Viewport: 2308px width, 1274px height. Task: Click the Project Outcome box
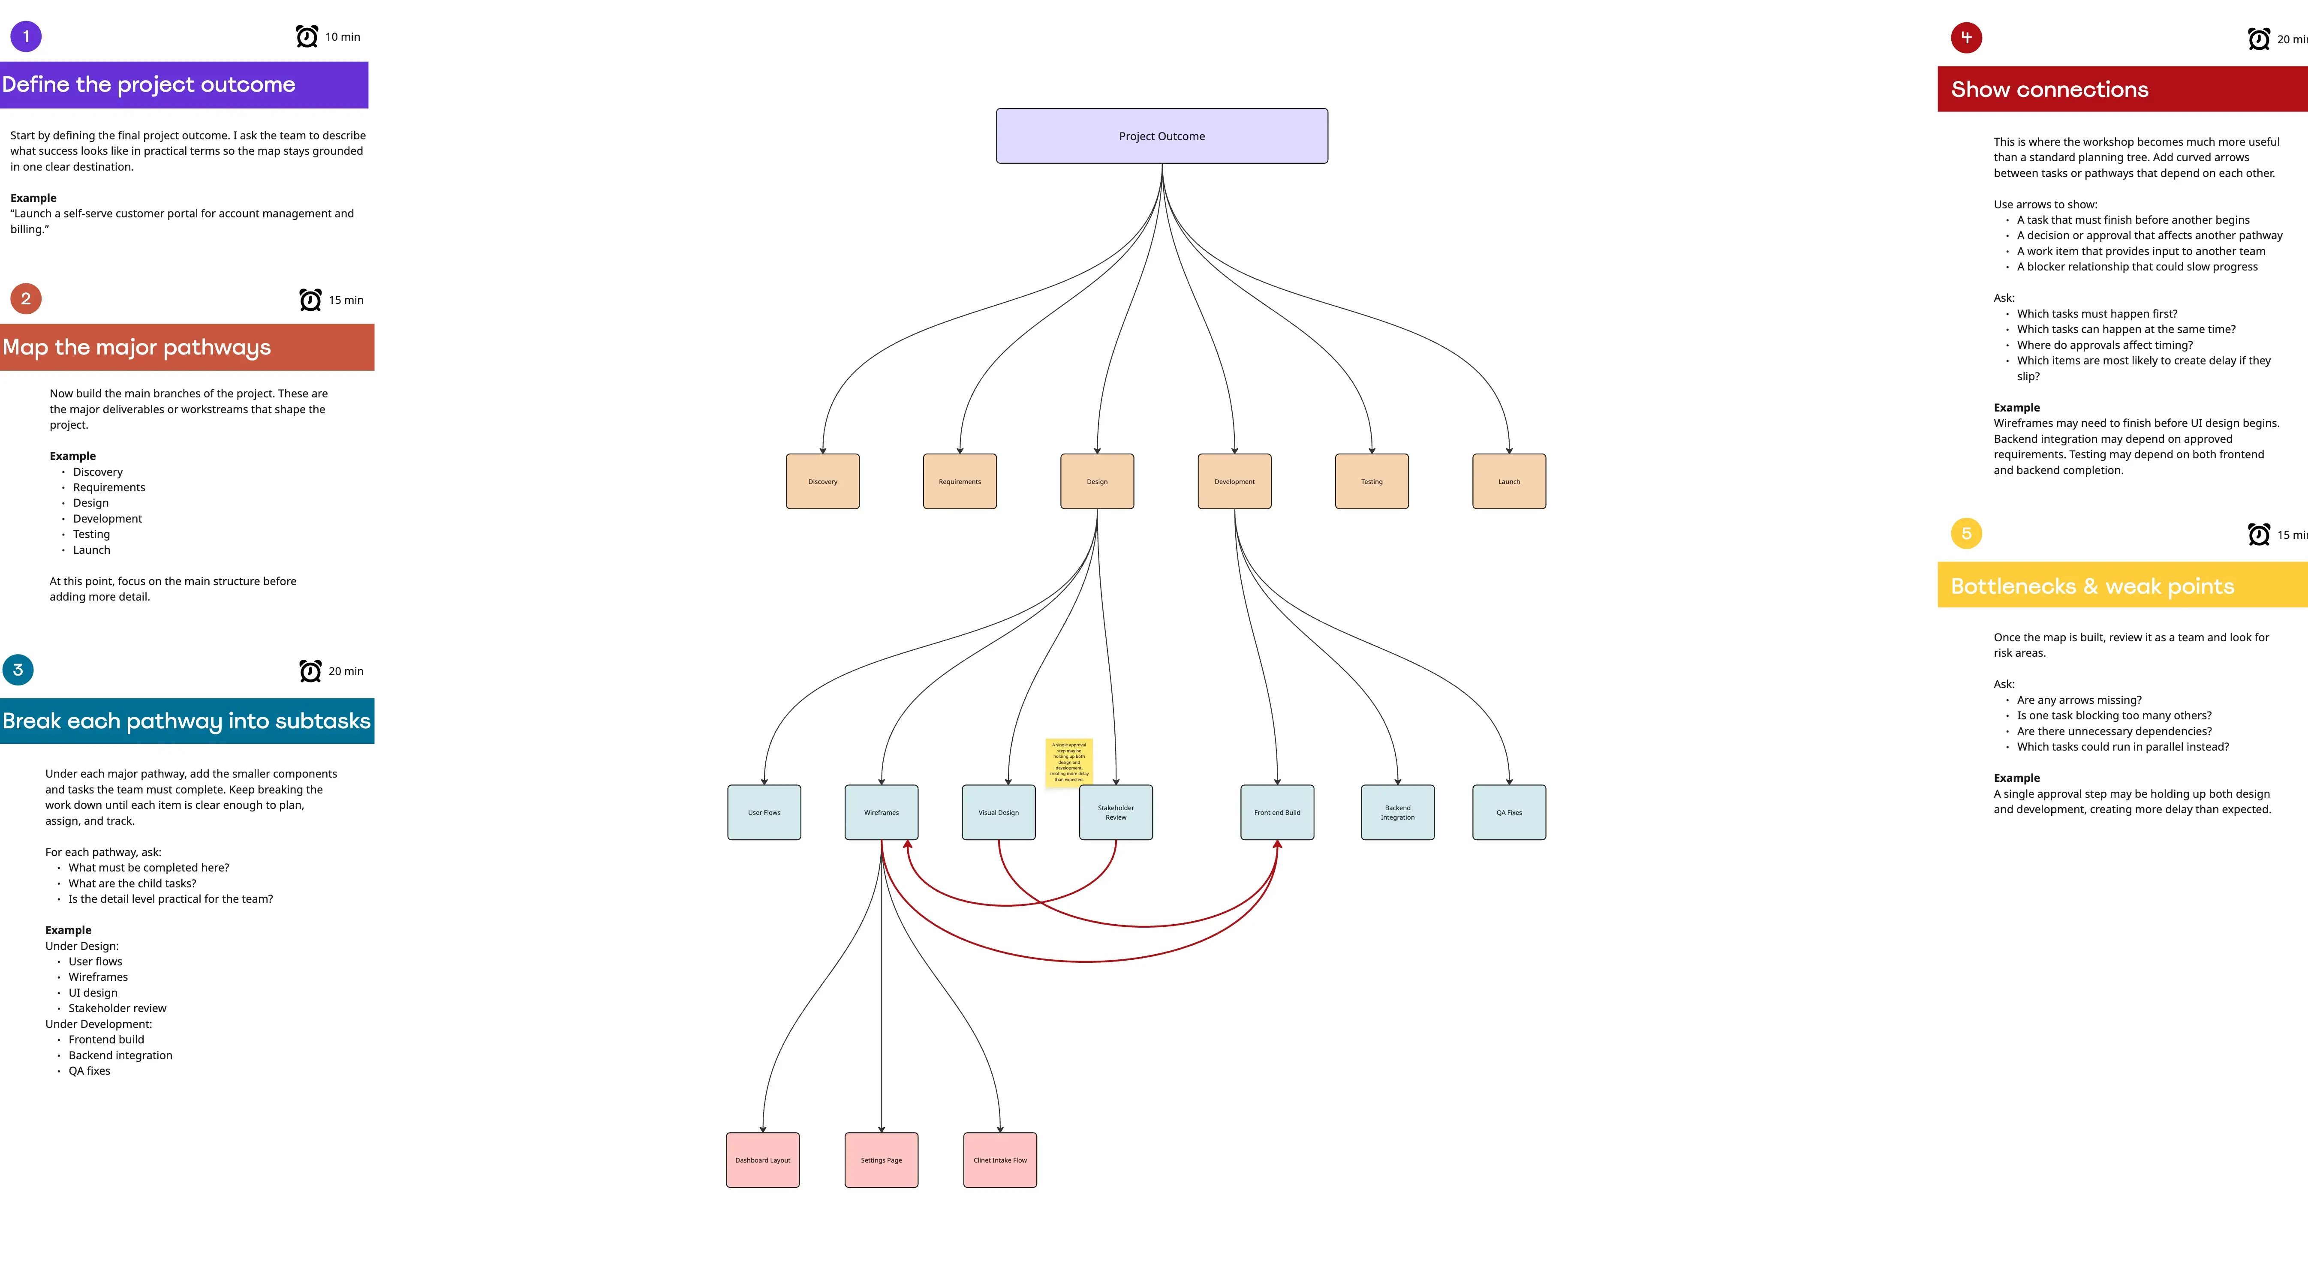point(1161,136)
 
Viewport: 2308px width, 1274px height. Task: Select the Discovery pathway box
point(822,481)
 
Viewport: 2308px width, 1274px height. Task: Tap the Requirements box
point(960,481)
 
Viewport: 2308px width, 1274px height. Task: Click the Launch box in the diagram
point(1509,481)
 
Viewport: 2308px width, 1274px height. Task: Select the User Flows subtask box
point(764,813)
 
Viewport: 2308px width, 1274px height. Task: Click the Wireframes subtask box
point(881,813)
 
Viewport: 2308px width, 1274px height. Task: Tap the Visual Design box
point(998,813)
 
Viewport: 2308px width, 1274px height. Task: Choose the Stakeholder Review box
point(1116,813)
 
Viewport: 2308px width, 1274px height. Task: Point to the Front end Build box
point(1277,813)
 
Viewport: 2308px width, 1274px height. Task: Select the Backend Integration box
point(1397,813)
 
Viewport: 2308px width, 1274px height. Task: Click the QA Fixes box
point(1509,813)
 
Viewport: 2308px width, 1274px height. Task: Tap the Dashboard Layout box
point(762,1160)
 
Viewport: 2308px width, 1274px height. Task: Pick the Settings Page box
point(881,1160)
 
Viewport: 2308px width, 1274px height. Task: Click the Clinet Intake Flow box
point(1000,1160)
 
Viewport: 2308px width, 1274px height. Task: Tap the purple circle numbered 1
point(26,37)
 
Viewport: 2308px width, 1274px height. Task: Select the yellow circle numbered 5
point(1966,534)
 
